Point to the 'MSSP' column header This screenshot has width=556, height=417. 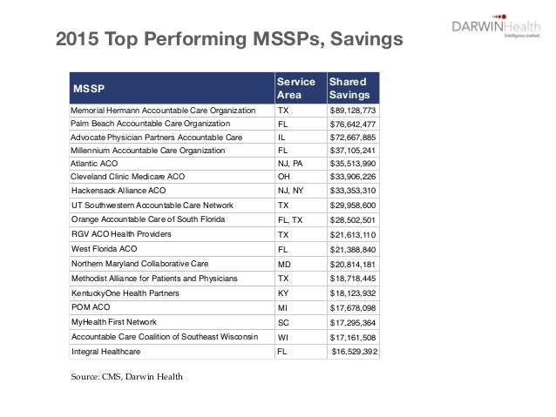click(x=87, y=87)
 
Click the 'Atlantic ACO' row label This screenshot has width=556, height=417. click(x=96, y=164)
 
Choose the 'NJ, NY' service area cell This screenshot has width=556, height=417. click(x=289, y=191)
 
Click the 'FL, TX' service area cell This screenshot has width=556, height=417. click(x=289, y=221)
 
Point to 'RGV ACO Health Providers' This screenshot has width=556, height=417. click(x=121, y=234)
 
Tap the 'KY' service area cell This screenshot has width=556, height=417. click(x=282, y=295)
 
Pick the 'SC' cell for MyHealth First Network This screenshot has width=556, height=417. click(x=282, y=323)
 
